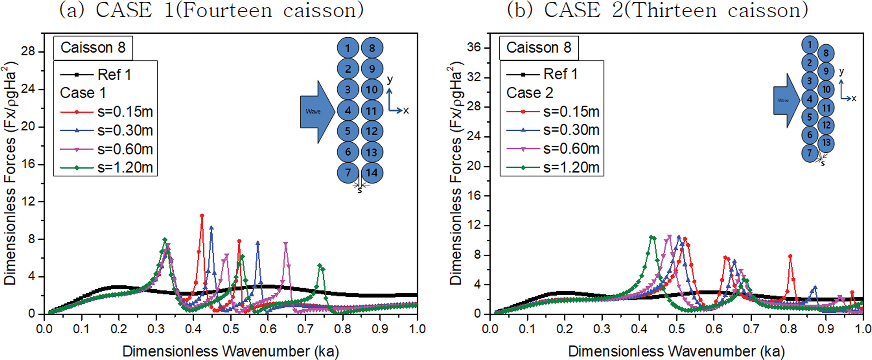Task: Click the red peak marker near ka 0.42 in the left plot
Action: (x=202, y=216)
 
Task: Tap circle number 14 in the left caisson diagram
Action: (x=372, y=173)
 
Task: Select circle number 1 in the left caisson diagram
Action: (x=348, y=48)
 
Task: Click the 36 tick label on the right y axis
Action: (x=474, y=48)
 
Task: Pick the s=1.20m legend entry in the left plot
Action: (x=125, y=168)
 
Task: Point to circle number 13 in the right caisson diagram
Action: (x=826, y=143)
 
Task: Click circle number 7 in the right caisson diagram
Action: (x=810, y=153)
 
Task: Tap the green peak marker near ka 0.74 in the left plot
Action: (x=320, y=266)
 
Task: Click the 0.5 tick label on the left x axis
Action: (x=231, y=329)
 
